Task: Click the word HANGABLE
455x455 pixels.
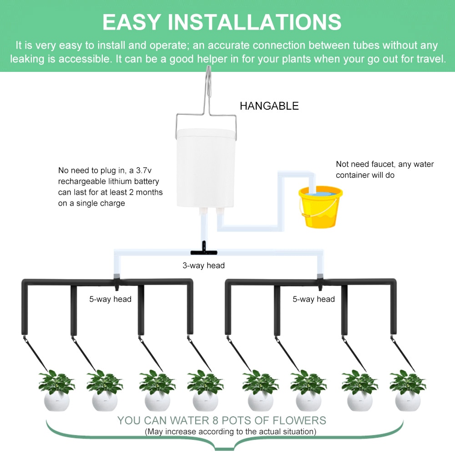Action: (269, 106)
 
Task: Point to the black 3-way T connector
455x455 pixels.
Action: (203, 250)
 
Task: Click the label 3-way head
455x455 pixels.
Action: (203, 265)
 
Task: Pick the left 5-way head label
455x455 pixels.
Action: (110, 299)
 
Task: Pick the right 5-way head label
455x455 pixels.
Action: (313, 299)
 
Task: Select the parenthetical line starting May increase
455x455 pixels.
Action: (230, 431)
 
